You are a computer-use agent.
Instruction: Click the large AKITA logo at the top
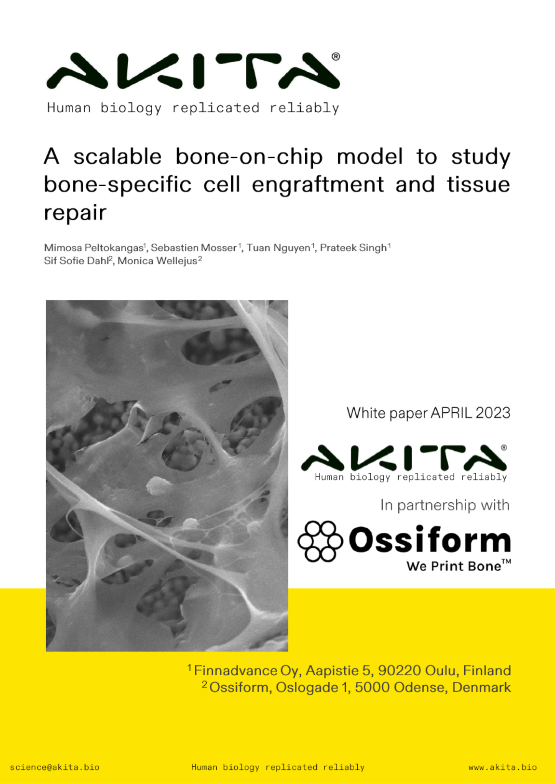pos(193,71)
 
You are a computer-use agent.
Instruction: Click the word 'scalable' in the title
pos(118,157)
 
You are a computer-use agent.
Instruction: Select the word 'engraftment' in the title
pos(318,185)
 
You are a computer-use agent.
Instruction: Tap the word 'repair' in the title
pos(75,213)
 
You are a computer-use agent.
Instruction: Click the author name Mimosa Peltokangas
pos(93,248)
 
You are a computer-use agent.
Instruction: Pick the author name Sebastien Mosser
pos(194,248)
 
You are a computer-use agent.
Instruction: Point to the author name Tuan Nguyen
pos(278,248)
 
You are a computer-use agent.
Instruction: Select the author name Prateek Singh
pos(353,248)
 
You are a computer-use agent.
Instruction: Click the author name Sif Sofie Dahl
pos(76,261)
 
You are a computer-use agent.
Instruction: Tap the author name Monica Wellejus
pos(157,261)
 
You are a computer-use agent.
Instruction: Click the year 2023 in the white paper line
pos(493,413)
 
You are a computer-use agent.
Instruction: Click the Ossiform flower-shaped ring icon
pos(320,541)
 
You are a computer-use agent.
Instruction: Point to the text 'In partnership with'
pos(445,505)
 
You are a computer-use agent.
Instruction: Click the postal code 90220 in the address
pos(400,671)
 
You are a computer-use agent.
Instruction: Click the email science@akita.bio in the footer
pos(54,767)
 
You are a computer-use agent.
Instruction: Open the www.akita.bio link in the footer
pos(502,767)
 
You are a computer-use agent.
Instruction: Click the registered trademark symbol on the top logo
pos(336,57)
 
